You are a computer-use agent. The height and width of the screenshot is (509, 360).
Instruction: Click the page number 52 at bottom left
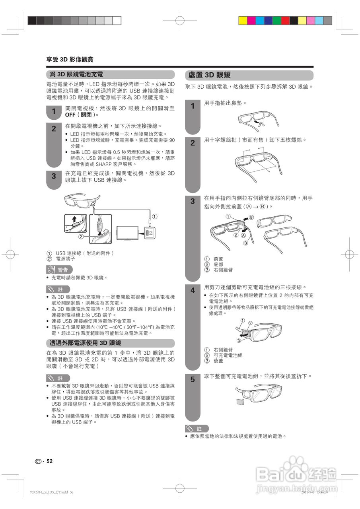coord(49,461)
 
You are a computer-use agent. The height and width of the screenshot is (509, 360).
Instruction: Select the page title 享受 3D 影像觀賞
coord(70,60)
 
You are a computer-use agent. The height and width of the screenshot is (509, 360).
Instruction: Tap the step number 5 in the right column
coord(193,380)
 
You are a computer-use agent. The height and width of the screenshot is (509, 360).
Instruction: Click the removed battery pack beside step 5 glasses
coord(240,401)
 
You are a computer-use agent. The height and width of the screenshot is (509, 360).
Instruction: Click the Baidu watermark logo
coord(296,473)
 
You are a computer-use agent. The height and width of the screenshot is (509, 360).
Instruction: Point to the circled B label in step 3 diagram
coord(251,218)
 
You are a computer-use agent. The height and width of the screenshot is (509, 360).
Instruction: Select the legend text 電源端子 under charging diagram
coord(65,258)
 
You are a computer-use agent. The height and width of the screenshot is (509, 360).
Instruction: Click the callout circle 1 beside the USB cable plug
coord(155,217)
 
